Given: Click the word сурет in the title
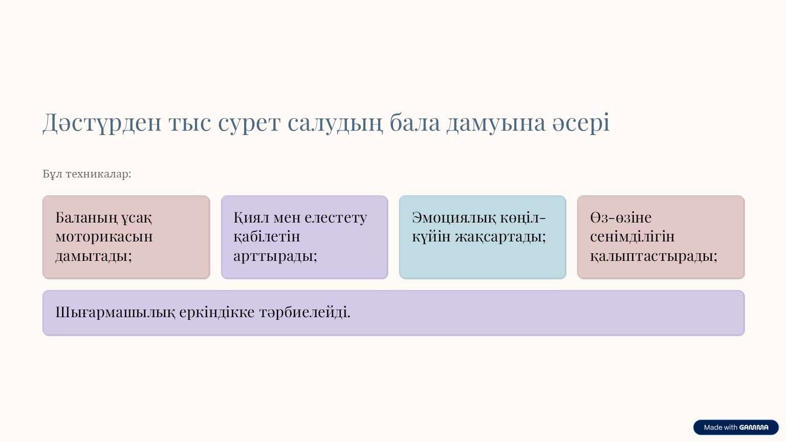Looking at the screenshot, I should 249,123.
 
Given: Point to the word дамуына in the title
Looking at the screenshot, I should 496,123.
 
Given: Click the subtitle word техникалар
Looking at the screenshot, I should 98,174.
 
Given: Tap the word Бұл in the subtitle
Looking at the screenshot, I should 52,174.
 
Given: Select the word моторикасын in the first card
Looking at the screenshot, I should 104,236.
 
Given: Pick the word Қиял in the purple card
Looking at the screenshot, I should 251,217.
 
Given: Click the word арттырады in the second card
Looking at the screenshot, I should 275,255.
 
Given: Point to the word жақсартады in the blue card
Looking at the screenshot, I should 500,236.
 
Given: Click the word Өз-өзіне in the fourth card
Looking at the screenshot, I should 621,217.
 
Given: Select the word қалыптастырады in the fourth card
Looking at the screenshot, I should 653,255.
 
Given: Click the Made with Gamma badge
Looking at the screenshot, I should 736,427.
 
